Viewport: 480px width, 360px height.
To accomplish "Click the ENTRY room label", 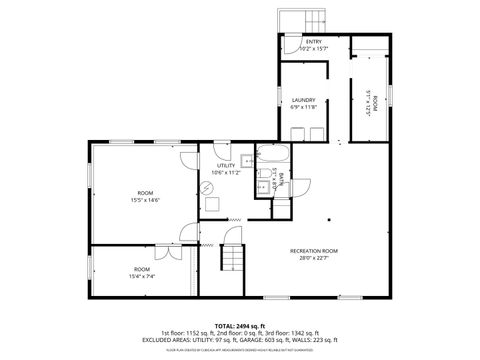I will pyautogui.click(x=314, y=41).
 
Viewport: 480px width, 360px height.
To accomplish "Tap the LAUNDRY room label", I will pyautogui.click(x=304, y=101).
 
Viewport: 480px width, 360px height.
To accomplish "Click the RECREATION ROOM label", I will pyautogui.click(x=314, y=250).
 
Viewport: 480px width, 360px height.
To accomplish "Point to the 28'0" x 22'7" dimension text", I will pyautogui.click(x=314, y=258).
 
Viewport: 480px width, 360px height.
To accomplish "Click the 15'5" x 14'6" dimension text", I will pyautogui.click(x=145, y=200).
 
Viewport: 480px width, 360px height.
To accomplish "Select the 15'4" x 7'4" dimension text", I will pyautogui.click(x=142, y=276).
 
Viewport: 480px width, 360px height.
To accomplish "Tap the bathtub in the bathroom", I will pyautogui.click(x=272, y=155).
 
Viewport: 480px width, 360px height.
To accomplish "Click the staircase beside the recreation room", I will pyautogui.click(x=232, y=257).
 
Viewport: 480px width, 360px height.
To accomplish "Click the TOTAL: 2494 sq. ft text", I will pyautogui.click(x=237, y=325).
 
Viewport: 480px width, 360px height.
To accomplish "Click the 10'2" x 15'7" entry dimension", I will pyautogui.click(x=314, y=48).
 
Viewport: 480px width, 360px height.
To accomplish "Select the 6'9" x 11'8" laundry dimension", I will pyautogui.click(x=304, y=108).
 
